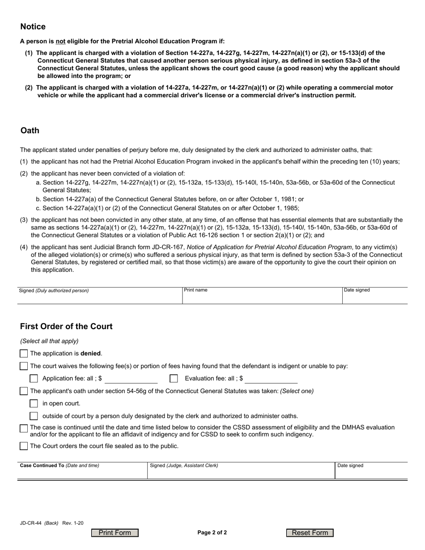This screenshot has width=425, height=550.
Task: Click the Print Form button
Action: click(115, 533)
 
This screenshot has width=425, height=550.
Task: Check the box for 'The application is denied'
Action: click(24, 354)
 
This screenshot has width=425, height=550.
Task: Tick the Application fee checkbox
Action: click(34, 379)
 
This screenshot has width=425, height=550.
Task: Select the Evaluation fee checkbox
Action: click(174, 379)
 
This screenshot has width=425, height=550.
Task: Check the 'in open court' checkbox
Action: click(34, 403)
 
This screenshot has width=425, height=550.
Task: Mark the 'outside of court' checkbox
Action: click(34, 416)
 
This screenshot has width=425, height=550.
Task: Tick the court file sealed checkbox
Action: click(24, 446)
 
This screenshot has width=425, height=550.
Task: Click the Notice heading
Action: click(33, 27)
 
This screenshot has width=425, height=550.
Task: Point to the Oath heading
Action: click(30, 131)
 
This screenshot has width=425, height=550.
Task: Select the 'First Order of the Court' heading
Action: click(66, 326)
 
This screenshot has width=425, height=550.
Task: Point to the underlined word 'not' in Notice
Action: click(60, 41)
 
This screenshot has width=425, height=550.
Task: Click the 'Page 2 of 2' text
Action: click(212, 533)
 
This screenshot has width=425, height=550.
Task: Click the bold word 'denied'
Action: click(91, 353)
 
